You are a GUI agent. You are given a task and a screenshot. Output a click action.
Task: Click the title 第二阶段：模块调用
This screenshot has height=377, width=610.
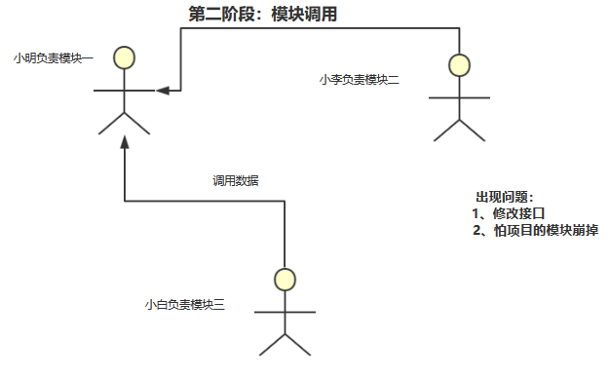pyautogui.click(x=262, y=14)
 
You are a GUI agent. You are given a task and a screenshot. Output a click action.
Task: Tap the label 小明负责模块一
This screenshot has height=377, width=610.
pyautogui.click(x=54, y=58)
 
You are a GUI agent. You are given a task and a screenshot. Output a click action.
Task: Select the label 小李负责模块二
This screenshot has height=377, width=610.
pyautogui.click(x=359, y=79)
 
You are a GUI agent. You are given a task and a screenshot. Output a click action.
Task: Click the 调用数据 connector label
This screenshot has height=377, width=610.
pyautogui.click(x=236, y=180)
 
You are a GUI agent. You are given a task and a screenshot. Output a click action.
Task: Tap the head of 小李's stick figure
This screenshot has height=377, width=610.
pyautogui.click(x=459, y=65)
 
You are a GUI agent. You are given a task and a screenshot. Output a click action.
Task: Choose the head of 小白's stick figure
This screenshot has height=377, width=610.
pyautogui.click(x=285, y=280)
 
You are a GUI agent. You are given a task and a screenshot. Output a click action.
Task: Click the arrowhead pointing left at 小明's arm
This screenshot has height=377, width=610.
pyautogui.click(x=163, y=91)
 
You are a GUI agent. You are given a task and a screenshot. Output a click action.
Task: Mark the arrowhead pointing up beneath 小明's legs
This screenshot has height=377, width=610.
pyautogui.click(x=124, y=142)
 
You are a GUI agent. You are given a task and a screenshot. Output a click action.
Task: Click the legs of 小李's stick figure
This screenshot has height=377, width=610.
pyautogui.click(x=459, y=128)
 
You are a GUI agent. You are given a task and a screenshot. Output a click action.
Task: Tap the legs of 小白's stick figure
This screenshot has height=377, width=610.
pyautogui.click(x=285, y=344)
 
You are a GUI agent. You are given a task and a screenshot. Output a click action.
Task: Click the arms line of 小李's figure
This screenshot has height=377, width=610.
pyautogui.click(x=459, y=96)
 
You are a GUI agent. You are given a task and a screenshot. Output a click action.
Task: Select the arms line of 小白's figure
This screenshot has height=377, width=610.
pyautogui.click(x=285, y=312)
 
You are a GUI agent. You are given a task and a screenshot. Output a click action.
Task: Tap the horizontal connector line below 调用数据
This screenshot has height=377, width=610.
pyautogui.click(x=205, y=202)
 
